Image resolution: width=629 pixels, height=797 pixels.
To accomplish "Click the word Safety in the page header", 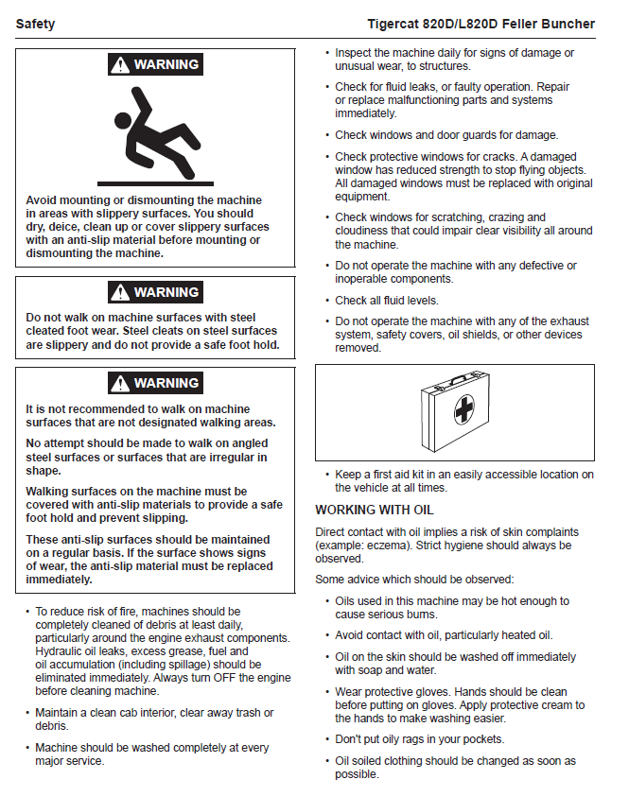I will [x=36, y=24].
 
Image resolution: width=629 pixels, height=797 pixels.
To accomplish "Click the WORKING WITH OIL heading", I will [x=375, y=510].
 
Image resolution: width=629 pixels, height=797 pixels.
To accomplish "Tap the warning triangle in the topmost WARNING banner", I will [x=119, y=65].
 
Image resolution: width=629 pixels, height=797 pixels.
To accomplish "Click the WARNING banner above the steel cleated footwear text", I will [x=154, y=292].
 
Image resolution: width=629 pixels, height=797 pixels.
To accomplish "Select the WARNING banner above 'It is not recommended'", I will [x=154, y=383].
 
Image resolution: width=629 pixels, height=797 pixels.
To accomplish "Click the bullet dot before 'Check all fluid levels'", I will [x=326, y=301].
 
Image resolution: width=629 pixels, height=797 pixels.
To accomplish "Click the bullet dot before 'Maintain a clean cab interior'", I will [x=26, y=713].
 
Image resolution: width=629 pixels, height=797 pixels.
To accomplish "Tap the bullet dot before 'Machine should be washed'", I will [x=26, y=748].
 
